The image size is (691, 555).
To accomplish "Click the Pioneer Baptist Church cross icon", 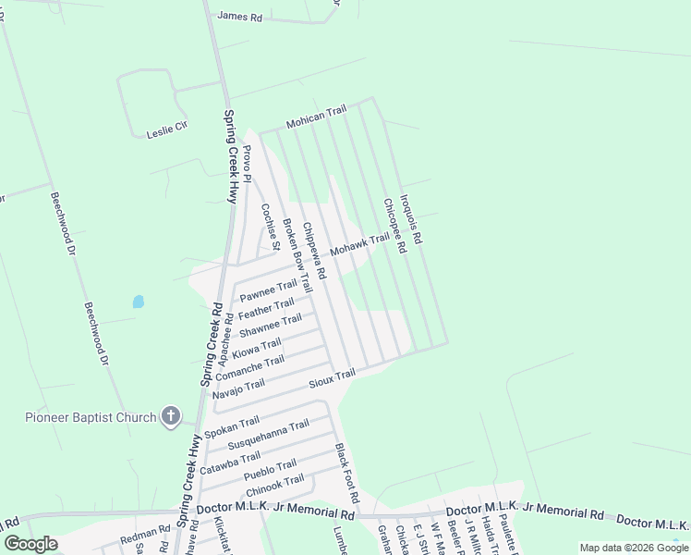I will pyautogui.click(x=170, y=417).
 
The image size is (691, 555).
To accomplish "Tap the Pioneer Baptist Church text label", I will pyautogui.click(x=91, y=417).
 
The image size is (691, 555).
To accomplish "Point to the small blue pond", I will pyautogui.click(x=139, y=302).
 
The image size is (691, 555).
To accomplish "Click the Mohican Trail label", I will pyautogui.click(x=316, y=116).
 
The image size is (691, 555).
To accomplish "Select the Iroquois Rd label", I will pyautogui.click(x=411, y=219).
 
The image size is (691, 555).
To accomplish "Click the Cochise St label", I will pyautogui.click(x=269, y=228).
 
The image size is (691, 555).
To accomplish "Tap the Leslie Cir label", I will pyautogui.click(x=166, y=133).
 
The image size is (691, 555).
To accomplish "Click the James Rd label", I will pyautogui.click(x=239, y=16).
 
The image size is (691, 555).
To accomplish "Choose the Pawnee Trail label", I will pyautogui.click(x=268, y=290).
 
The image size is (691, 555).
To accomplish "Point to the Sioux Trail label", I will pyautogui.click(x=333, y=378).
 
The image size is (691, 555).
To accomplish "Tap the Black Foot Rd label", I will pyautogui.click(x=345, y=467).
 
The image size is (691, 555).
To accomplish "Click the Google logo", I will pyautogui.click(x=30, y=544).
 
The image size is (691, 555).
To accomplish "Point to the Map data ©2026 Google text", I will pyautogui.click(x=633, y=548).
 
